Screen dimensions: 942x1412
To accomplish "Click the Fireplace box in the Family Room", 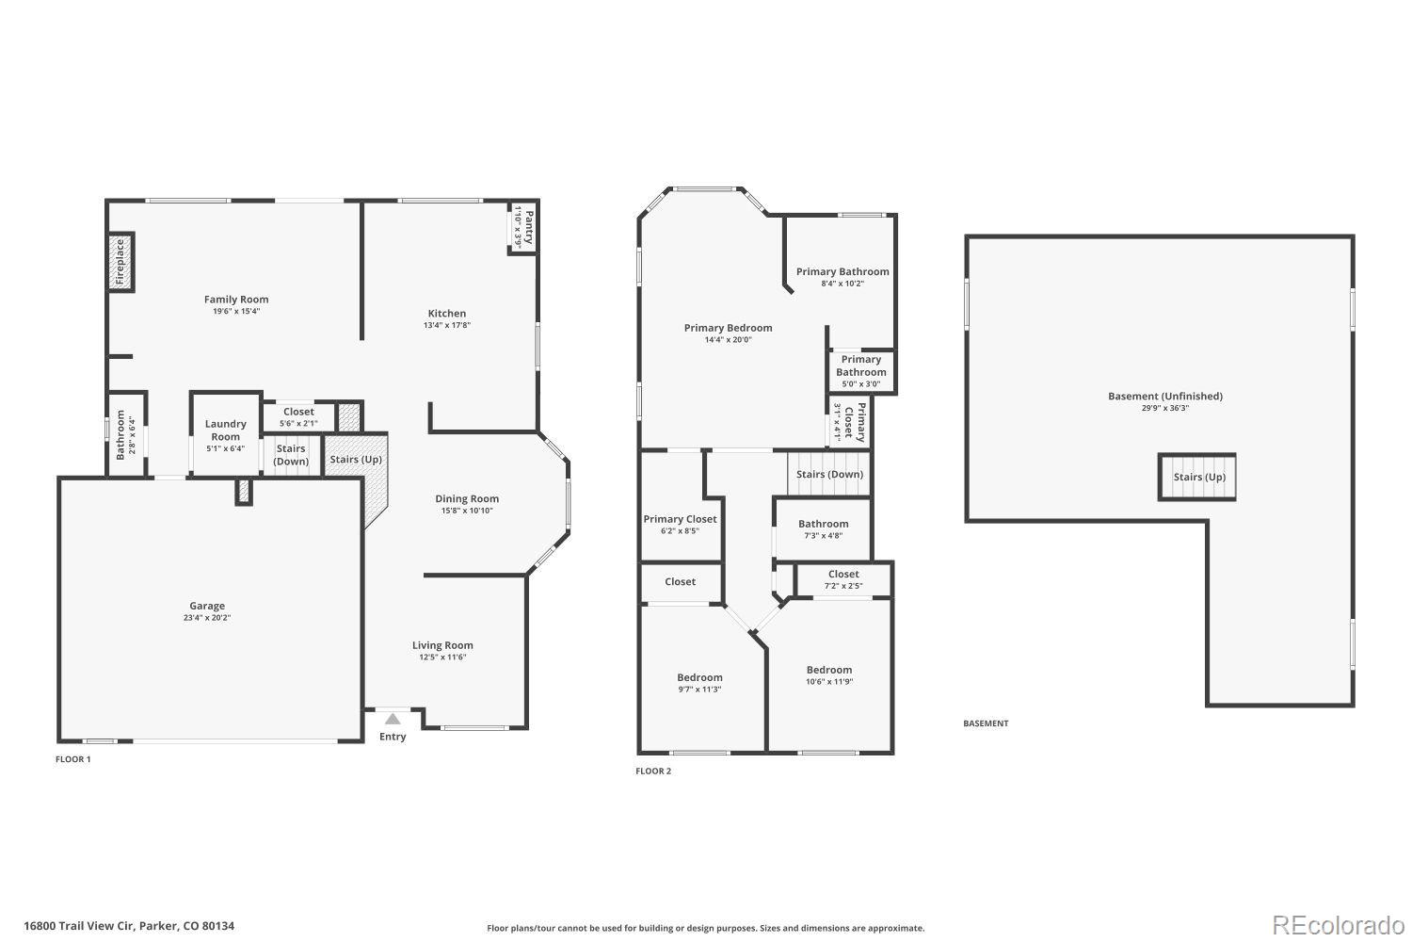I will (x=120, y=262).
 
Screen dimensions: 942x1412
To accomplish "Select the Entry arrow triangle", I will (x=393, y=719).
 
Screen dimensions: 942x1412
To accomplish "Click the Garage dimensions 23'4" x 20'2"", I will (x=207, y=618).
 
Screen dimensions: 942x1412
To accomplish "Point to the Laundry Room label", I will (x=226, y=430).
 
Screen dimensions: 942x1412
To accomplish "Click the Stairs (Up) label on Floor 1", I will (x=356, y=460).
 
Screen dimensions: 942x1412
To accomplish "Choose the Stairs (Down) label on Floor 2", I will (x=829, y=474).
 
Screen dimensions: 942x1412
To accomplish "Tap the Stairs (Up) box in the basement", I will (x=1197, y=477).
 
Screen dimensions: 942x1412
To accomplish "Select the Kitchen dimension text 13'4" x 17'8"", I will (x=447, y=326).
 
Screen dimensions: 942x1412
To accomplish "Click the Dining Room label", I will (x=467, y=499).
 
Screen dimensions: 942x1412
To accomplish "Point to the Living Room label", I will (x=442, y=645).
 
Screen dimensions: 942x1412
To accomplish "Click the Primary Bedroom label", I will (x=728, y=328).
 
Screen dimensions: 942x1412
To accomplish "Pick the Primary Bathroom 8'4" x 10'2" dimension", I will (x=842, y=284).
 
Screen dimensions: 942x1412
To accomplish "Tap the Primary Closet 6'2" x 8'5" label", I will (x=680, y=525).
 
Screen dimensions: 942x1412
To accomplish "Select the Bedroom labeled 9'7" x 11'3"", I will (x=699, y=683).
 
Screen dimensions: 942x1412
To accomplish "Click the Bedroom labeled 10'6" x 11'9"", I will (x=829, y=675).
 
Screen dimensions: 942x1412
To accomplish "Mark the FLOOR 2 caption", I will (x=653, y=771).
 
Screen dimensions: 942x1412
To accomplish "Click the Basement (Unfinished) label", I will (x=1164, y=397).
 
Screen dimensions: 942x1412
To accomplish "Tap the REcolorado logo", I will (x=1337, y=925).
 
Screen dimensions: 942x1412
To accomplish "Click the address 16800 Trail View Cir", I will (x=129, y=926).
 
